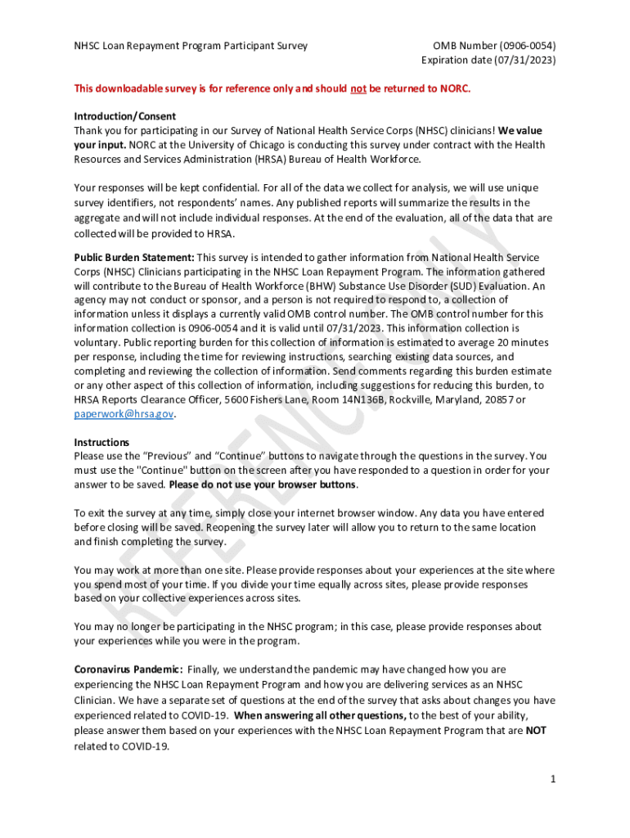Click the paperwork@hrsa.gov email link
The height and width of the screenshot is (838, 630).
[x=124, y=414]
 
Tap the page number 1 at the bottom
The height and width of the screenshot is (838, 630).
[x=553, y=778]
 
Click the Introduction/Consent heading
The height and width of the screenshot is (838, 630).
[x=124, y=116]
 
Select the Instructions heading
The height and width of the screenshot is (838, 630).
[x=101, y=442]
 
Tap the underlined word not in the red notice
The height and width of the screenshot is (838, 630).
[x=358, y=88]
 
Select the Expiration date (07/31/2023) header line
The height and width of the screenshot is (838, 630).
[x=488, y=60]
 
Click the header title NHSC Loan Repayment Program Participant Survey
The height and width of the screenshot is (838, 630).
[x=191, y=46]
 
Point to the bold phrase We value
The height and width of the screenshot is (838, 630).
[x=520, y=130]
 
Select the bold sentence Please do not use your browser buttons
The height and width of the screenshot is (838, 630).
[x=263, y=484]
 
